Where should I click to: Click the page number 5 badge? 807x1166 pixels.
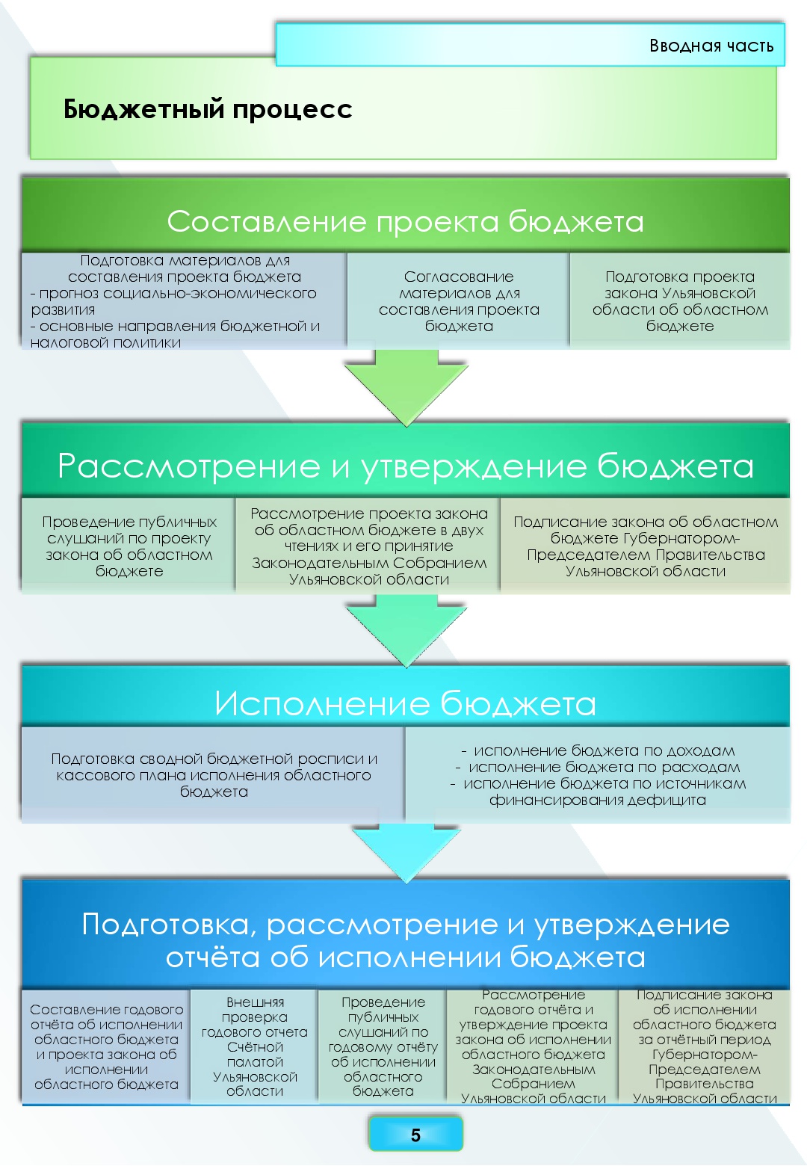[415, 1135]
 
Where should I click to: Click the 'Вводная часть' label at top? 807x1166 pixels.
[711, 46]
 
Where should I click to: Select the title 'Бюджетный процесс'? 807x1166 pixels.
[208, 109]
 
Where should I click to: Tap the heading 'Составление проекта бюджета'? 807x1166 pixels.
[405, 221]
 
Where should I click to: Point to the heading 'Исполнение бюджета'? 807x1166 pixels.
[405, 703]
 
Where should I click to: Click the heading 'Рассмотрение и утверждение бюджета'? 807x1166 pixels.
[405, 466]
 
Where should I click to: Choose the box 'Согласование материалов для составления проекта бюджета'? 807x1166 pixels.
[459, 301]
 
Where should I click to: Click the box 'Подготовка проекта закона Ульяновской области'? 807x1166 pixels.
[680, 301]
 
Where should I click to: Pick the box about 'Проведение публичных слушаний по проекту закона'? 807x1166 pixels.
[129, 546]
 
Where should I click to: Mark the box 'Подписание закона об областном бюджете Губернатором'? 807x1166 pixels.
[646, 546]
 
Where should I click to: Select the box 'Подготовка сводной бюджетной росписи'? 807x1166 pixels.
[214, 775]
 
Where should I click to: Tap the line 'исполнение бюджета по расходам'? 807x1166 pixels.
[604, 767]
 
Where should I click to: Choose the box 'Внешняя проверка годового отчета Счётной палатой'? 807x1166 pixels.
[255, 1046]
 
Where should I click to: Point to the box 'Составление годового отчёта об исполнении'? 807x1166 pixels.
[106, 1046]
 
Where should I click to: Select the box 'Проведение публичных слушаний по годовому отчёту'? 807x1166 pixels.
[383, 1046]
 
